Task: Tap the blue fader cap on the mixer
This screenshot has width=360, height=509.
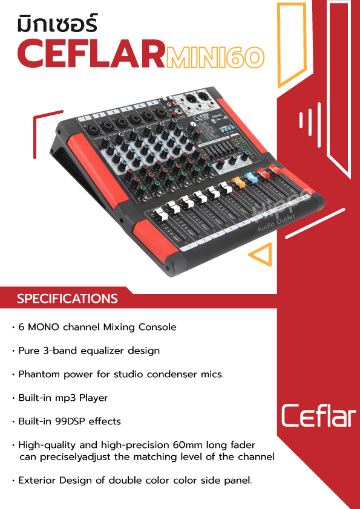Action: [x=251, y=177]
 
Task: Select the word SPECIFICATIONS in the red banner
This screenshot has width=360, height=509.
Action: [x=67, y=298]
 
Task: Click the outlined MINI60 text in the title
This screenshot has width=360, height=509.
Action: [x=215, y=57]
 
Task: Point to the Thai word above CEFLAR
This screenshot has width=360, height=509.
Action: [x=57, y=25]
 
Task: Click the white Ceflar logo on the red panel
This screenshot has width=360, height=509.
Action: [x=318, y=415]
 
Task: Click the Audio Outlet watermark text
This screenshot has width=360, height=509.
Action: [x=276, y=223]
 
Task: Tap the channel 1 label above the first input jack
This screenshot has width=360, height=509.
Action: [x=85, y=119]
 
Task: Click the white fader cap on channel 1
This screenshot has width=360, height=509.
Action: [x=159, y=214]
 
